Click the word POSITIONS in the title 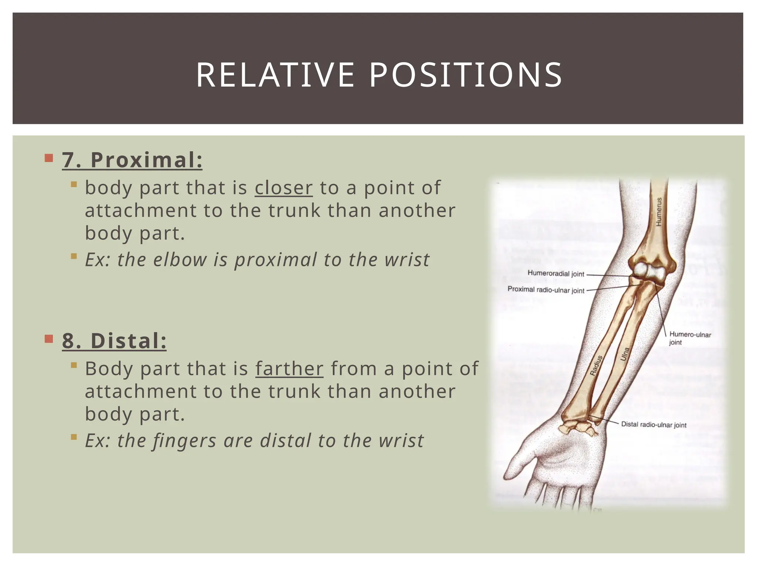coord(466,75)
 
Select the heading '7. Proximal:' coord(132,160)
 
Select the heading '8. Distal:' coord(114,341)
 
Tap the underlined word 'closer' coord(284,188)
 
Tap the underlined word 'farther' coord(289,369)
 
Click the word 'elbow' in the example coord(180,260)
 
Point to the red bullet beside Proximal coord(49,159)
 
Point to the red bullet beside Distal coord(49,339)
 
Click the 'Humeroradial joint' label coord(556,274)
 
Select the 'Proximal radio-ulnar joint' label coord(546,290)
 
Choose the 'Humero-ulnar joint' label coord(690,338)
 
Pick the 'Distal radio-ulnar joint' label coord(653,425)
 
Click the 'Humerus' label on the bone coord(659,212)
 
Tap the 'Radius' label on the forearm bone coord(596,365)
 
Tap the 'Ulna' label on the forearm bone coord(625,354)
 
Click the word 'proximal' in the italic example coord(275,260)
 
